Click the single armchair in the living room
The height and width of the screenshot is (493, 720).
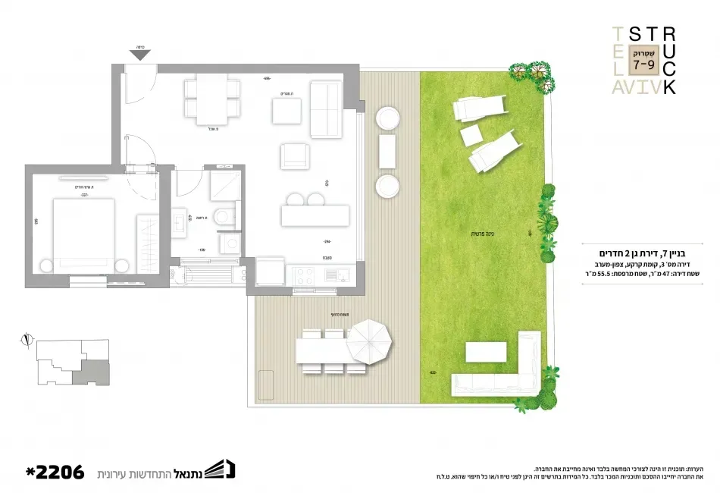pos(295,156)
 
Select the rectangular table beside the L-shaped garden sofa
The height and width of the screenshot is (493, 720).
pos(486,352)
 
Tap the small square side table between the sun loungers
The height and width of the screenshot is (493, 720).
pos(471,135)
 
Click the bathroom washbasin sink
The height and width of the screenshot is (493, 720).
pos(180,221)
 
